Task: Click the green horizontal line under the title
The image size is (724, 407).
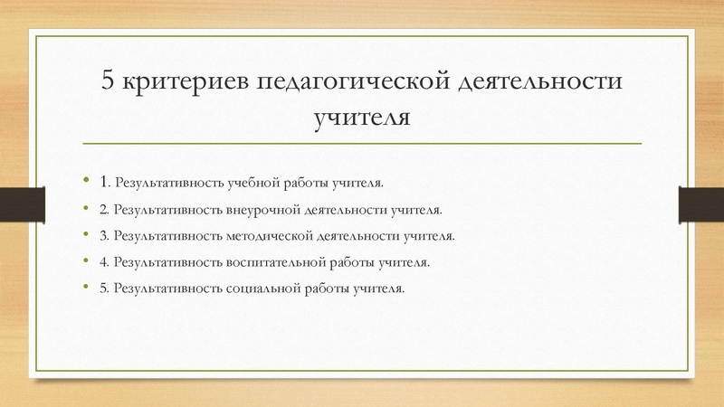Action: [x=362, y=144]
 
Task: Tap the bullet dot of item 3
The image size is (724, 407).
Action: [x=87, y=236]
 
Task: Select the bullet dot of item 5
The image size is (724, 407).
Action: [x=87, y=289]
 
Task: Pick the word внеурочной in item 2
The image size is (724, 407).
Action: [x=258, y=210]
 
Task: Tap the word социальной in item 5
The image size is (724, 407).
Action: [x=261, y=289]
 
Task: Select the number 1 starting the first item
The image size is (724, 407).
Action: [x=105, y=182]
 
